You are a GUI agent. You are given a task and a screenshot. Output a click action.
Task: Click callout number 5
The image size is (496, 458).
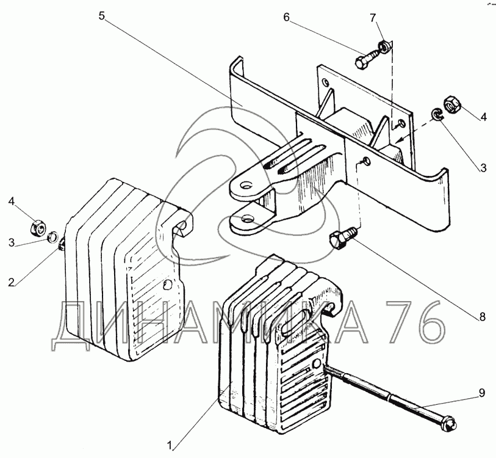coord(101,15)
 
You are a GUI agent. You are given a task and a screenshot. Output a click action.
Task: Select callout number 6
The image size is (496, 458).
coord(286,17)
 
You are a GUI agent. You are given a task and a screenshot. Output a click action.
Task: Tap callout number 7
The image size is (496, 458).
coord(373,18)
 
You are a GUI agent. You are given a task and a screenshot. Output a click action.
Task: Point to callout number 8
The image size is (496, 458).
coord(482,316)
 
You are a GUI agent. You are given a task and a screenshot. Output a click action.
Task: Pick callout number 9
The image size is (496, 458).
coord(481,393)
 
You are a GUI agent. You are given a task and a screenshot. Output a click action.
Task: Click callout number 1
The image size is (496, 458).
coord(170,446)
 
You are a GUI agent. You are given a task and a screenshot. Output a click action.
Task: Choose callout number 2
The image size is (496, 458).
coord(12,282)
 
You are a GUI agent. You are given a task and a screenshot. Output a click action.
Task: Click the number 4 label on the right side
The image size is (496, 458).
coord(483,117)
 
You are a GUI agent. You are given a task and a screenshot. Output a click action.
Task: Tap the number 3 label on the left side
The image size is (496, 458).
coord(12,243)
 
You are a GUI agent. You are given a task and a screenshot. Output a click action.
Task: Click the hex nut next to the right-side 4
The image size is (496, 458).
coord(451,104)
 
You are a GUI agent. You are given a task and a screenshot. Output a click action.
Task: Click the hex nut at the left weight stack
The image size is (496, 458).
coord(38,228)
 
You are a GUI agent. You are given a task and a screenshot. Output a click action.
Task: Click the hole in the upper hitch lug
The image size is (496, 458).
coord(246,184)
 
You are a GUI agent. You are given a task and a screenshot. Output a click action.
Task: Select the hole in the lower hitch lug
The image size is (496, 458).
coord(246,219)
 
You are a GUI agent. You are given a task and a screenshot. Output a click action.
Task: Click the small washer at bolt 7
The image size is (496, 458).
coord(384,46)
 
